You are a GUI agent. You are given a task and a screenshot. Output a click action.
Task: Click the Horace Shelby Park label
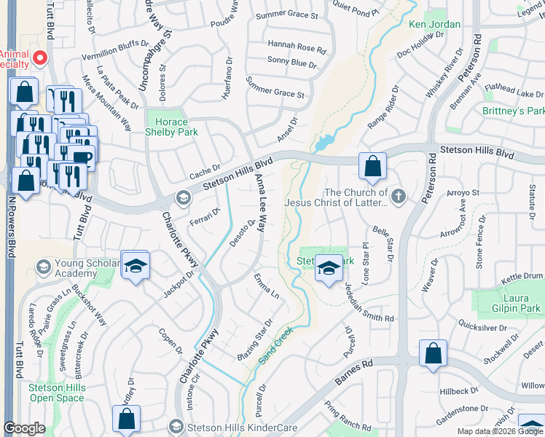pyautogui.click(x=168, y=127)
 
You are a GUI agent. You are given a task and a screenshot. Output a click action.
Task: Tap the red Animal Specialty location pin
pyautogui.click(x=39, y=58)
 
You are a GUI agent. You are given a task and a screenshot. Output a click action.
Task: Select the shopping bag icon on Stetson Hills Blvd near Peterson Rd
pyautogui.click(x=372, y=167)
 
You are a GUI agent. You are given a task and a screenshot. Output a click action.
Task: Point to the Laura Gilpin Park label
pyautogui.click(x=511, y=303)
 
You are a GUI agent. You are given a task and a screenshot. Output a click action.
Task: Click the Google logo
pyautogui.click(x=24, y=429)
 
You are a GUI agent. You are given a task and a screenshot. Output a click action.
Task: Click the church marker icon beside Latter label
pyautogui.click(x=398, y=195)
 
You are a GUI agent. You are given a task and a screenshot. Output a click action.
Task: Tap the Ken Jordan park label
pyautogui.click(x=434, y=24)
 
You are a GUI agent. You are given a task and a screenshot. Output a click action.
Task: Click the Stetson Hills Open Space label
pyautogui.click(x=57, y=393)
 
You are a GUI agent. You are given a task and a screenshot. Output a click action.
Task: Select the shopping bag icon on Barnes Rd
pyautogui.click(x=433, y=354)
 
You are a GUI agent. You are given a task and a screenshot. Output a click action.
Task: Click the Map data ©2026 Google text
pyautogui.click(x=501, y=431)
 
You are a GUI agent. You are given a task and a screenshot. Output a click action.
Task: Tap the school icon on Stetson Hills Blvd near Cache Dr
pyautogui.click(x=182, y=197)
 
